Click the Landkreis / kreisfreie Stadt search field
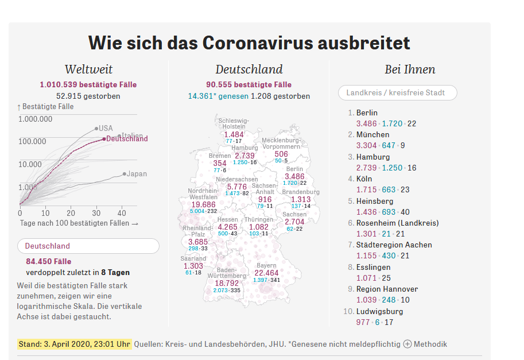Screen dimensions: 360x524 click(398, 92)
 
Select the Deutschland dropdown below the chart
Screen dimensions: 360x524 click(88, 246)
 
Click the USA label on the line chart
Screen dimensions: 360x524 click(106, 128)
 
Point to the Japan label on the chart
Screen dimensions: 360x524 click(137, 174)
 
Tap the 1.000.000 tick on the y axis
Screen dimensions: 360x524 click(36, 119)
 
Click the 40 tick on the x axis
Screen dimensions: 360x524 click(122, 212)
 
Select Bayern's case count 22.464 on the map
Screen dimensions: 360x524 click(266, 273)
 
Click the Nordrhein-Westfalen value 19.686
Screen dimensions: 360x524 click(204, 204)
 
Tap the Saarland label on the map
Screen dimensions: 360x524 click(193, 259)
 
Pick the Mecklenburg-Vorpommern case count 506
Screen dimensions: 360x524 click(281, 154)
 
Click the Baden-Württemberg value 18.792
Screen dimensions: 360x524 click(226, 283)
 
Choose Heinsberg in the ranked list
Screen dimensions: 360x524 click(374, 201)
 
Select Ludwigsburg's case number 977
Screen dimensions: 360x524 click(363, 322)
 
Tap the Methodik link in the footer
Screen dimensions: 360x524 click(430, 344)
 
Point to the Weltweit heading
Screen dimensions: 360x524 click(88, 69)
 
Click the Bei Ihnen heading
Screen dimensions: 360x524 click(410, 69)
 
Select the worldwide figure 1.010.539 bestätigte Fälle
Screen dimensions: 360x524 click(88, 84)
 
